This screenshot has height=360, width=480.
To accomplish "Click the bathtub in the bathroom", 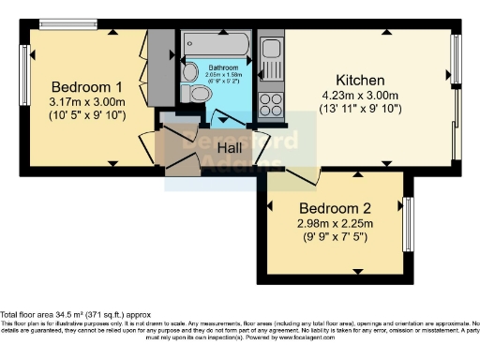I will click(215, 43).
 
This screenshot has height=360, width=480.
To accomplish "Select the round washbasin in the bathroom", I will click(190, 70).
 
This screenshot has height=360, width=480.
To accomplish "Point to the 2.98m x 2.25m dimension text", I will click(336, 223).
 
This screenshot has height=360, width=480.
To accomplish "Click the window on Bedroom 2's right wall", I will click(408, 224).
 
